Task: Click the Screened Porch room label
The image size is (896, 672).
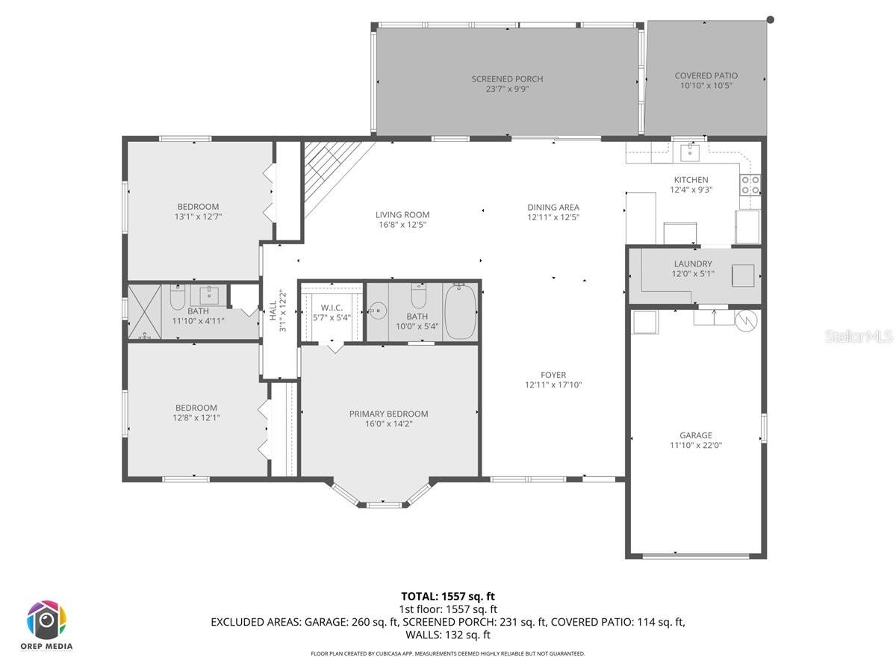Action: point(507,79)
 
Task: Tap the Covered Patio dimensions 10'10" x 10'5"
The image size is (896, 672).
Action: point(706,85)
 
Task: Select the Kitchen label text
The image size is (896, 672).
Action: point(691,180)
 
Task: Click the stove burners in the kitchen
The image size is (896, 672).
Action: point(750,184)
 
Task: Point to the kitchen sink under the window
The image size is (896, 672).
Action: point(689,152)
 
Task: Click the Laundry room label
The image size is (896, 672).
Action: point(692,264)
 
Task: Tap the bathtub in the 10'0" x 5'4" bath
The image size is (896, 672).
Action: point(460,311)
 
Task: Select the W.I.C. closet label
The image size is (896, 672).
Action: point(331,307)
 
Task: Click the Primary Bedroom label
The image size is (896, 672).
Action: point(388,414)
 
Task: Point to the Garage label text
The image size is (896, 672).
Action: point(695,435)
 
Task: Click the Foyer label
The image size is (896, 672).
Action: point(553,375)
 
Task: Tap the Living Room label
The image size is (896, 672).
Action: point(402,215)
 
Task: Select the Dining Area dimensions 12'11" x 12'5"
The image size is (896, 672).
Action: point(553,217)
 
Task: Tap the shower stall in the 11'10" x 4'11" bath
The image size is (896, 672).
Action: point(145,312)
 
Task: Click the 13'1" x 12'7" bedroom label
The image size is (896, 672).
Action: point(197,207)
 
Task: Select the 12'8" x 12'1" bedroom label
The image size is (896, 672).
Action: point(196,408)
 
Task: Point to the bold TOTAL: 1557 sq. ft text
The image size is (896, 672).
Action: point(447,596)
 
